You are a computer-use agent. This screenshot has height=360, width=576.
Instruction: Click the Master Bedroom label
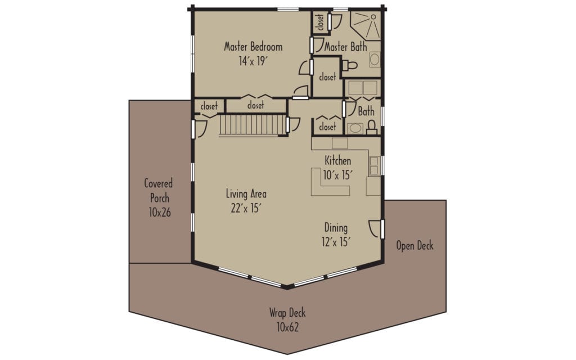coord(253,47)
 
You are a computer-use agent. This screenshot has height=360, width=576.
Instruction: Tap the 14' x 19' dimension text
coord(253,61)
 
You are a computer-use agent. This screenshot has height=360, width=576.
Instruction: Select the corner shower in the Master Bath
coord(365,25)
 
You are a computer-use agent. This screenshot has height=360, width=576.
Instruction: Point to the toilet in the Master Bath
coord(350,66)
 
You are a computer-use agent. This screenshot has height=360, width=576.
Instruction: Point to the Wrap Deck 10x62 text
coord(287,320)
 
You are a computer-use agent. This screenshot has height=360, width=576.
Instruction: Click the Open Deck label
coord(415,246)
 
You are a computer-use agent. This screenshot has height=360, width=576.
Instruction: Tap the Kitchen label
coord(337,161)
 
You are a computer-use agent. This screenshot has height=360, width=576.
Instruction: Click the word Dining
coord(336,228)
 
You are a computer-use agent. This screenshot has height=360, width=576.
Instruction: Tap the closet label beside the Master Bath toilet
coord(327,78)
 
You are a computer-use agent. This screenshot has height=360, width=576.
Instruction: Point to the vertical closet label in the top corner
coord(320,22)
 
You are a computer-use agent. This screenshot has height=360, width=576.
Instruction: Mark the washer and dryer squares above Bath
coord(362,88)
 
